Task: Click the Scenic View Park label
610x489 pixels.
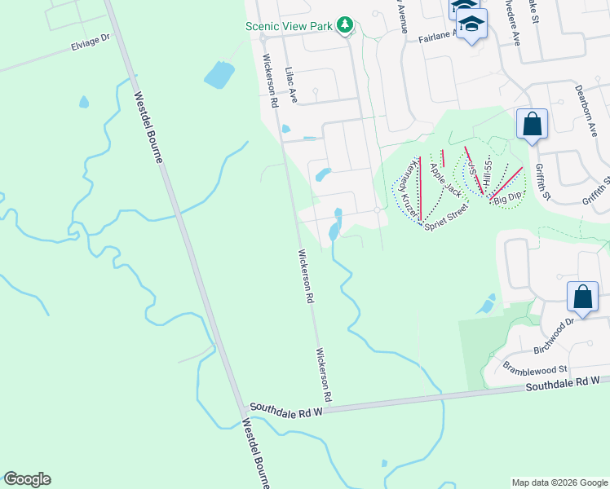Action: (290, 26)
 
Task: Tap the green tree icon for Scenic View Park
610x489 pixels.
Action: (345, 26)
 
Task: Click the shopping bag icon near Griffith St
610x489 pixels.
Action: (532, 126)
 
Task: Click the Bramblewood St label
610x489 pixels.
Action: (535, 368)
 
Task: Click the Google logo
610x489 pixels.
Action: (27, 479)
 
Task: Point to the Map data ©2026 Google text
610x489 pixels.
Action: (559, 482)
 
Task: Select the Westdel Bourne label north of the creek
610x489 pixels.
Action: (148, 126)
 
